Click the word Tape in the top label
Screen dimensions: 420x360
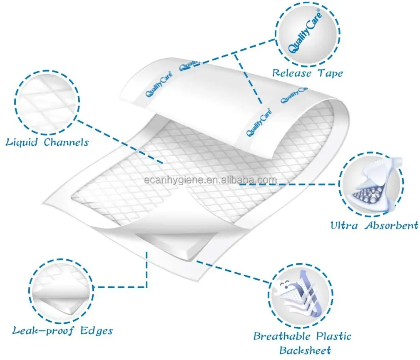click(331, 73)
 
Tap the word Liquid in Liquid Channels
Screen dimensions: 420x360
click(22, 142)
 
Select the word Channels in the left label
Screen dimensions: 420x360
click(66, 142)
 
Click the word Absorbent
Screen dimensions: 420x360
click(392, 226)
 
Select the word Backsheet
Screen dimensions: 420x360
click(305, 350)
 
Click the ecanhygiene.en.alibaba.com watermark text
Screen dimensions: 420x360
click(209, 180)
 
